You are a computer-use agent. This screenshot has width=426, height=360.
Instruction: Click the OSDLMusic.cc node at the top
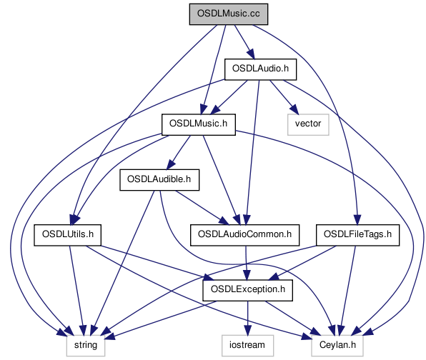tap(229, 14)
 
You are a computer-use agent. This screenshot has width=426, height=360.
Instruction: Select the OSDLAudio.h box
tap(260, 69)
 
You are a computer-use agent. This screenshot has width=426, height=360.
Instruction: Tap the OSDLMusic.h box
tap(198, 124)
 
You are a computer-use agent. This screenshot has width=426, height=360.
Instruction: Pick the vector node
tap(308, 124)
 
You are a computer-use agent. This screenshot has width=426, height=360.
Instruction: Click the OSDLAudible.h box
tap(159, 180)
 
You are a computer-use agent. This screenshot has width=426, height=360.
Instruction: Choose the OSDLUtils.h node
tap(67, 235)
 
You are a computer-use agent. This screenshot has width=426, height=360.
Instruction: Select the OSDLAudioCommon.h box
tap(244, 235)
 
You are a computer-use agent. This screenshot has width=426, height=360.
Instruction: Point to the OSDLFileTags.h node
tap(357, 235)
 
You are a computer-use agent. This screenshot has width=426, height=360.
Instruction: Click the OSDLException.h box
tap(247, 290)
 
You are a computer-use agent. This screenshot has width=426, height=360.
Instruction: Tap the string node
tap(86, 345)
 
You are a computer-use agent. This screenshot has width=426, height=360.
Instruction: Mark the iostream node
tap(247, 345)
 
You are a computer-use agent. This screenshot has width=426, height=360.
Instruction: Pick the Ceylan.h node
tap(337, 345)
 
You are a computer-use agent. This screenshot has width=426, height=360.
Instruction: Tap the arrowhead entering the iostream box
tap(247, 331)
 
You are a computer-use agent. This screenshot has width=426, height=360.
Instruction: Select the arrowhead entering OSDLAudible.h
tap(171, 165)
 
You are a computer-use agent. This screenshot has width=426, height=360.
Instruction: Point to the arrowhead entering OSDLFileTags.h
tap(357, 220)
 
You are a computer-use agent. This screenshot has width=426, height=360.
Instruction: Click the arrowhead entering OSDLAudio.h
tap(251, 54)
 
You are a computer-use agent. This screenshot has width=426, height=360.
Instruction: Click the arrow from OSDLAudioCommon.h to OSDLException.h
tap(247, 263)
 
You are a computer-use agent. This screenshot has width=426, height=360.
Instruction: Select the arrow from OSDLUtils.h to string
tap(77, 291)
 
